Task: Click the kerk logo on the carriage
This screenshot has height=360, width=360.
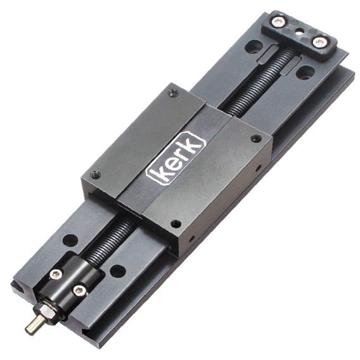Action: (x=176, y=158)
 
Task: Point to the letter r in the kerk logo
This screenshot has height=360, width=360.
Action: (x=182, y=153)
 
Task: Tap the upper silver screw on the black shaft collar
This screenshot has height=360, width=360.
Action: (x=56, y=274)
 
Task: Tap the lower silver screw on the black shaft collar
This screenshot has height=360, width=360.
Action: (x=80, y=291)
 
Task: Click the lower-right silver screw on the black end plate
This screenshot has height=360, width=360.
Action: (x=319, y=42)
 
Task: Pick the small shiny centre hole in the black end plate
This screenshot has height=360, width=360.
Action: (x=299, y=32)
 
